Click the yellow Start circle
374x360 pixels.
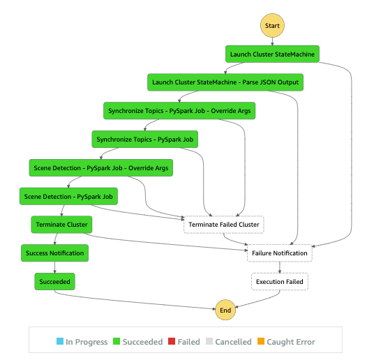272,26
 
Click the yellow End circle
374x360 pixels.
225,310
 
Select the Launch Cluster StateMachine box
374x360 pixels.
272,54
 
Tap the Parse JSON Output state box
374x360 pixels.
225,83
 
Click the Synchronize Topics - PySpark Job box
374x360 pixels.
144,140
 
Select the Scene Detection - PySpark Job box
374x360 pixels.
68,197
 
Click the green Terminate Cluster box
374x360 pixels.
61,225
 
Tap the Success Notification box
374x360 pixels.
54,253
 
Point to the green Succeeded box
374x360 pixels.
54,282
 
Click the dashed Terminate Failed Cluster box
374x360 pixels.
223,225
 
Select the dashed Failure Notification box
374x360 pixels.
279,253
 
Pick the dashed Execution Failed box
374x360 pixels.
279,282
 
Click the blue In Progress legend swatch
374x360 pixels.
59,342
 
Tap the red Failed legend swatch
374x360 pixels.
172,342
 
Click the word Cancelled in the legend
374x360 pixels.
234,342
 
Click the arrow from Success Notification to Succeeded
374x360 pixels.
54,268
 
